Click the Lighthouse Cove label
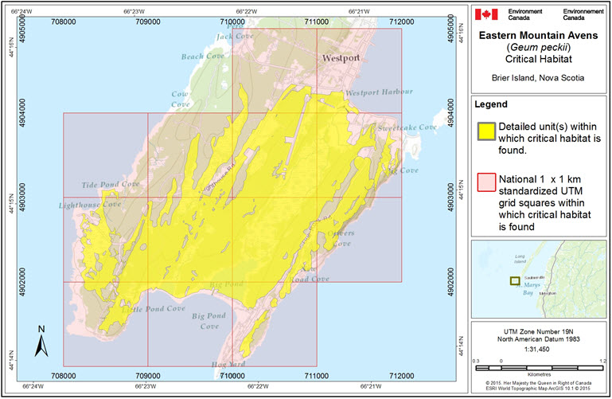(89, 205)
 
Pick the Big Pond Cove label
(205, 321)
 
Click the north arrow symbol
(41, 341)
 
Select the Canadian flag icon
(485, 14)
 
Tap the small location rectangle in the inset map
(515, 280)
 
